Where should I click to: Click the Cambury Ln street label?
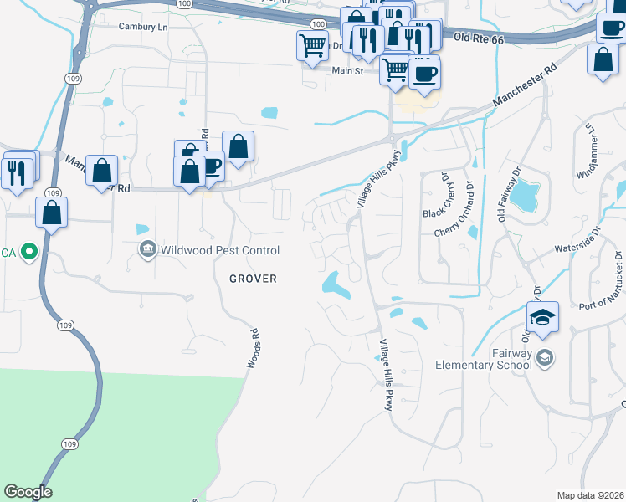143,27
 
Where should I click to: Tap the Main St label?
346,72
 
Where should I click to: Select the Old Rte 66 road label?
480,38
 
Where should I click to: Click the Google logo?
28,492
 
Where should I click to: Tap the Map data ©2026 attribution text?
589,495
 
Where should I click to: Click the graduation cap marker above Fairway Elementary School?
542,318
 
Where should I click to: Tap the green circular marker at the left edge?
29,250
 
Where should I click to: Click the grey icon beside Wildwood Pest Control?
148,249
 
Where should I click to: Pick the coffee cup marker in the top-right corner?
612,27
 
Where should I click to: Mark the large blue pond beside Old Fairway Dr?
525,197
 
